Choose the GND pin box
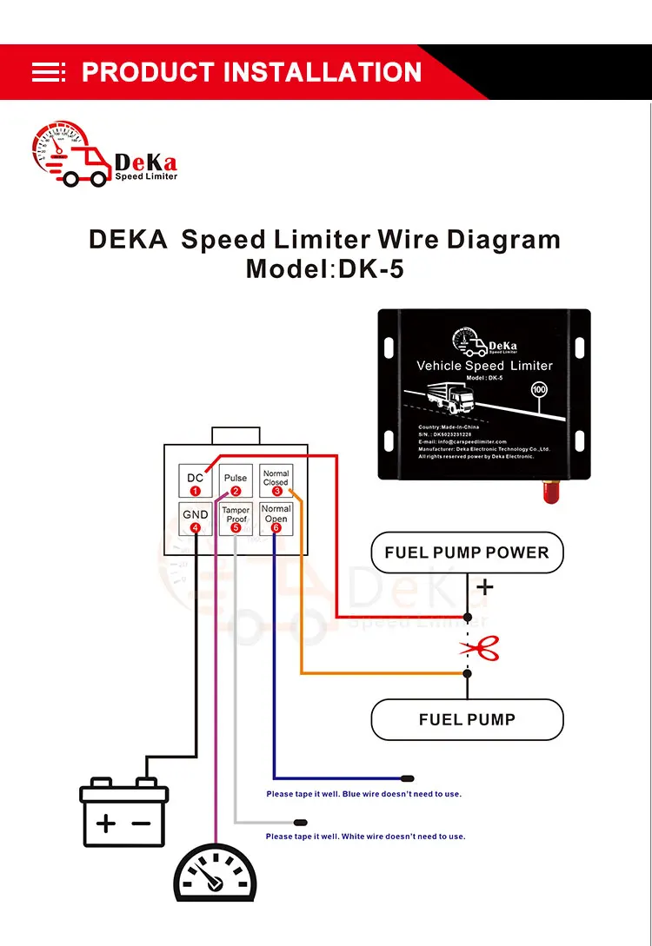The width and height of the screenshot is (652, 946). [196, 519]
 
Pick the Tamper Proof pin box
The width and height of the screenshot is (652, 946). [236, 519]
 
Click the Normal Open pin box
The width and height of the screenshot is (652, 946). [276, 519]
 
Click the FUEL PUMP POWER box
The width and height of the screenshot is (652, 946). [467, 552]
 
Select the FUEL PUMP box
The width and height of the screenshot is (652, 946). [467, 719]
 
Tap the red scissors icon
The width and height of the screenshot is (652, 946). [478, 647]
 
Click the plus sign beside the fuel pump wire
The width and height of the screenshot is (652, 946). [484, 588]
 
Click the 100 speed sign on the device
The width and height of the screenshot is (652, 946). [539, 391]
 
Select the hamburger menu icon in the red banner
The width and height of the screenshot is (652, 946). [49, 72]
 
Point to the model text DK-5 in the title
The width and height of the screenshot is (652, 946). [371, 268]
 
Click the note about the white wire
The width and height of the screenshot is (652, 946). [365, 837]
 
